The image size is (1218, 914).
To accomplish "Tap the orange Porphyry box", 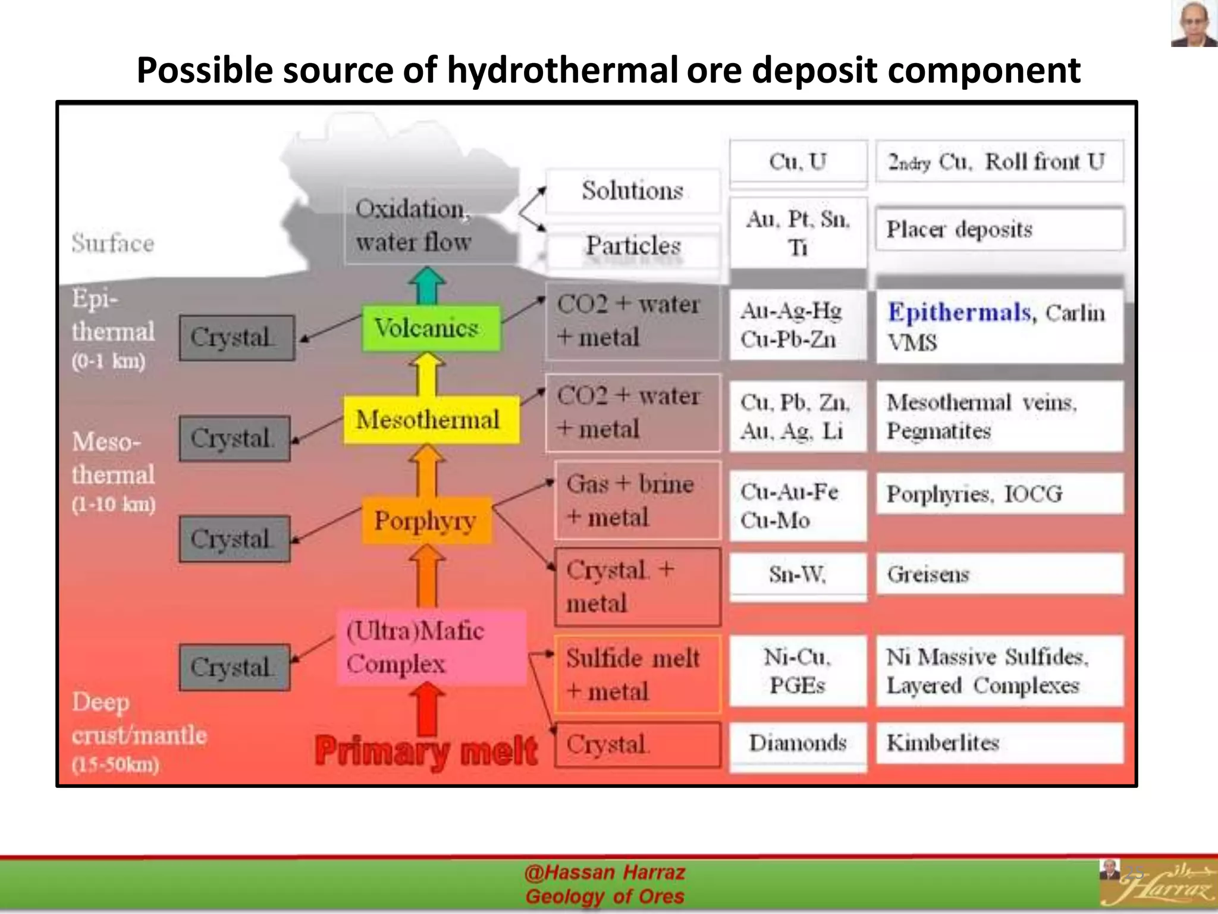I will [426, 521].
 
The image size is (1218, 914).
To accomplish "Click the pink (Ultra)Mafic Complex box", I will [431, 647].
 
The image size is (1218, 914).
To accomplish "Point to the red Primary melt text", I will [426, 751].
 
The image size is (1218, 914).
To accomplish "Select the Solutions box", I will [632, 191].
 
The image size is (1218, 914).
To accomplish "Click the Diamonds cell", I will [798, 743].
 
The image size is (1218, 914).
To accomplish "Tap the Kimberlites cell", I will [999, 743].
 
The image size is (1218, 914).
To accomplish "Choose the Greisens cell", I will [999, 574].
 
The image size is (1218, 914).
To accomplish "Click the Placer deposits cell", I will [999, 229].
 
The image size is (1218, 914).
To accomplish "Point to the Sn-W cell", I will [798, 575].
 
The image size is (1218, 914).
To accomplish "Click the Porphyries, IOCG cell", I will [999, 494].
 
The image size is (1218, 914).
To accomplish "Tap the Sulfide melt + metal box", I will [637, 674].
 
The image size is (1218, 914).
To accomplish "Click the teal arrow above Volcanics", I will [427, 286].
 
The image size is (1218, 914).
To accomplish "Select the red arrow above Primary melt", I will [427, 708].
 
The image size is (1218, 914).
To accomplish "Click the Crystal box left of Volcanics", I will [237, 338].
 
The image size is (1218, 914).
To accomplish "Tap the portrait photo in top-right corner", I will [1193, 24].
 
